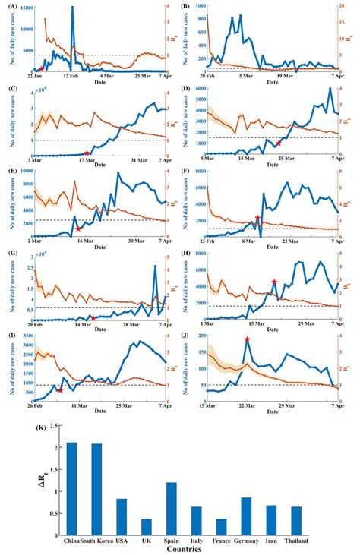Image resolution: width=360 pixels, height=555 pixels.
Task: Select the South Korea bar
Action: pos(96,489)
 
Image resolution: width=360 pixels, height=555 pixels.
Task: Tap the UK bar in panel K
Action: pos(147,526)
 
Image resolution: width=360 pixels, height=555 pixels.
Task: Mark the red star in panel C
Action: pos(87,153)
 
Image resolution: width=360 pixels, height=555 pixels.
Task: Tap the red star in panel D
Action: pos(279,143)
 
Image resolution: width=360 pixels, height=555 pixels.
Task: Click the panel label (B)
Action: pos(186,5)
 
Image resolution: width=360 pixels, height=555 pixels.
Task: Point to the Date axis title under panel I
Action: pos(100,411)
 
